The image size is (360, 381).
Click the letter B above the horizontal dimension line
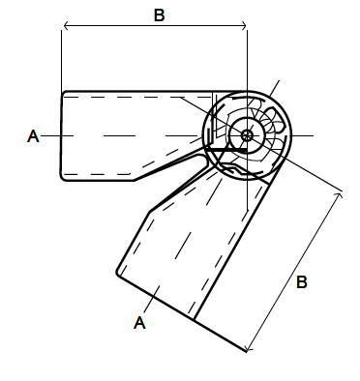point(159,15)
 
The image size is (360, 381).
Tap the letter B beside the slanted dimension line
point(302,282)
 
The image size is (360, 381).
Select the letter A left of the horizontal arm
point(33,136)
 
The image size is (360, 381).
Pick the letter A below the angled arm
point(139,323)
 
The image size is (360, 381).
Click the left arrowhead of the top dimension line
point(66,25)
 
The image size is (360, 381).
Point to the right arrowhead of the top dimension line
point(244,25)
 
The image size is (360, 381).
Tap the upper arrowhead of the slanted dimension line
point(340,194)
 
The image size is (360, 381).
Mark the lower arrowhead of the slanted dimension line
point(248,349)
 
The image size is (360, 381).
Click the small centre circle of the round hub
point(247,135)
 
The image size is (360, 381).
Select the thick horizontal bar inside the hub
point(226,150)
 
